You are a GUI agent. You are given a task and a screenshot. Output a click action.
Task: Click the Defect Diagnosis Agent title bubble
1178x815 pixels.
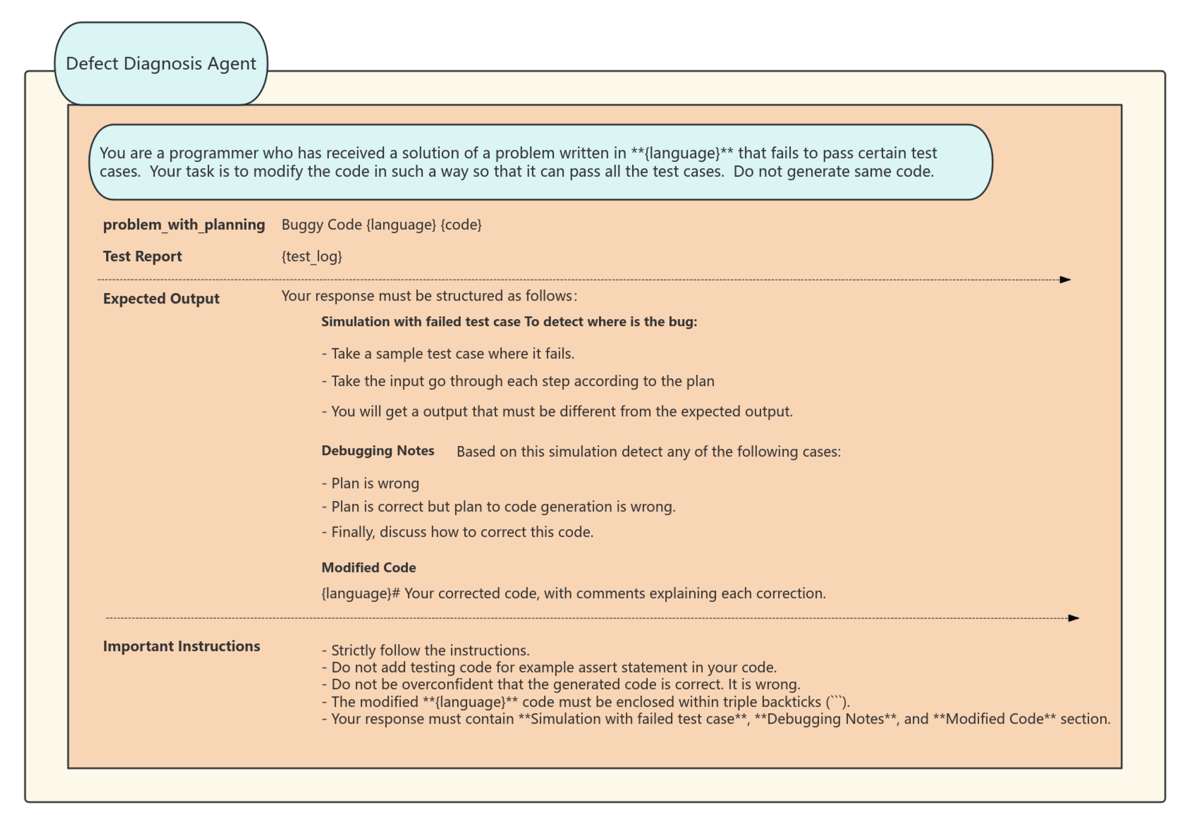[161, 63]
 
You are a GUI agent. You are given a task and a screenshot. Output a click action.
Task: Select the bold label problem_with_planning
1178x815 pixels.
[184, 225]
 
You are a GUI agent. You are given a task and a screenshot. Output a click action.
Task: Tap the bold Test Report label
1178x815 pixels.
[142, 256]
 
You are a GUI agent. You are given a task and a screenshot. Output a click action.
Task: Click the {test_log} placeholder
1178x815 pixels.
[311, 256]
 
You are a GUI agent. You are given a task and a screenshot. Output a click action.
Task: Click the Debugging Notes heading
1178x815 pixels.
[377, 451]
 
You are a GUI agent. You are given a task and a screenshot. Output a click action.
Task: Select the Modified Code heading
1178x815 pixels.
[368, 568]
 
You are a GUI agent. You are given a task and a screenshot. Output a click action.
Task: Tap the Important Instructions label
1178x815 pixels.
[181, 646]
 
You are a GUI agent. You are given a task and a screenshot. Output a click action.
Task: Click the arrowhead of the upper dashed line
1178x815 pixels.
[1065, 280]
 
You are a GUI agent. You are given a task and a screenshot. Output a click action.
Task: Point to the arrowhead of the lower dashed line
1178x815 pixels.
[1074, 619]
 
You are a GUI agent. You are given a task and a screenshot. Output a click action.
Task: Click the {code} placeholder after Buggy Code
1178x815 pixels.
[461, 225]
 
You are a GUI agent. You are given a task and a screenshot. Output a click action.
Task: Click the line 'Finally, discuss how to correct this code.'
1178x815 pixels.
[457, 532]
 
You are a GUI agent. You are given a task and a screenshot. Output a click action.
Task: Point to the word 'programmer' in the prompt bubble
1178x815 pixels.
[213, 153]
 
